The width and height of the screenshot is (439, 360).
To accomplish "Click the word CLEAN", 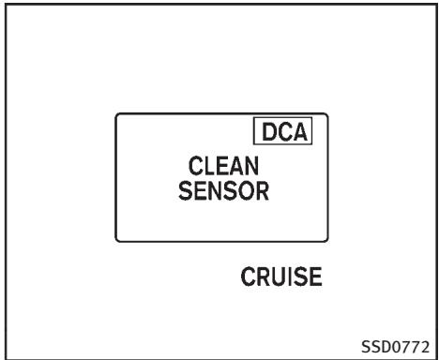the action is pyautogui.click(x=223, y=166).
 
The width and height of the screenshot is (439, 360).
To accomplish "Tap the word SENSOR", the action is pyautogui.click(x=223, y=191).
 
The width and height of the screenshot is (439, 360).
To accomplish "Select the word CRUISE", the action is pyautogui.click(x=281, y=277).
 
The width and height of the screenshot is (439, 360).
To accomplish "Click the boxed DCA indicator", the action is pyautogui.click(x=282, y=131).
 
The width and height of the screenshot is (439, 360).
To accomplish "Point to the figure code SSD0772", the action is pyautogui.click(x=395, y=347).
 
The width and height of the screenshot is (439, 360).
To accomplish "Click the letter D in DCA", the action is pyautogui.click(x=269, y=131).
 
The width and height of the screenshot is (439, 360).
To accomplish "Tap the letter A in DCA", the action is pyautogui.click(x=300, y=131).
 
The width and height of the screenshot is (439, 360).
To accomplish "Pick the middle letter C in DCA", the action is pyautogui.click(x=284, y=131).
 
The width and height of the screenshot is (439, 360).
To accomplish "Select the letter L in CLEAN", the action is pyautogui.click(x=208, y=166).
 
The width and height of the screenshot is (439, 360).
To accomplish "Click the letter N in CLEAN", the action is pyautogui.click(x=252, y=166).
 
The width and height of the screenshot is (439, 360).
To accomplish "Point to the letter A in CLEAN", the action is pyautogui.click(x=236, y=166).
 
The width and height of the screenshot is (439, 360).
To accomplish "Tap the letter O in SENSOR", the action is pyautogui.click(x=246, y=191).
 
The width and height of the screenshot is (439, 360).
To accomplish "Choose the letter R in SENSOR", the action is pyautogui.click(x=263, y=191).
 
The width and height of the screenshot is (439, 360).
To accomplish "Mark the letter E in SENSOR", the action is pyautogui.click(x=200, y=191).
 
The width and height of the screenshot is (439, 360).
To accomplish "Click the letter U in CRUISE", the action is pyautogui.click(x=279, y=277).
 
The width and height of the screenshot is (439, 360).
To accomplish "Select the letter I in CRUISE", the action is pyautogui.click(x=291, y=277).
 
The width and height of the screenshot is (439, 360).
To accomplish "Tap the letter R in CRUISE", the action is pyautogui.click(x=263, y=277).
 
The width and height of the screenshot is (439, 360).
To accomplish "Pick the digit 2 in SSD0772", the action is pyautogui.click(x=424, y=347).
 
